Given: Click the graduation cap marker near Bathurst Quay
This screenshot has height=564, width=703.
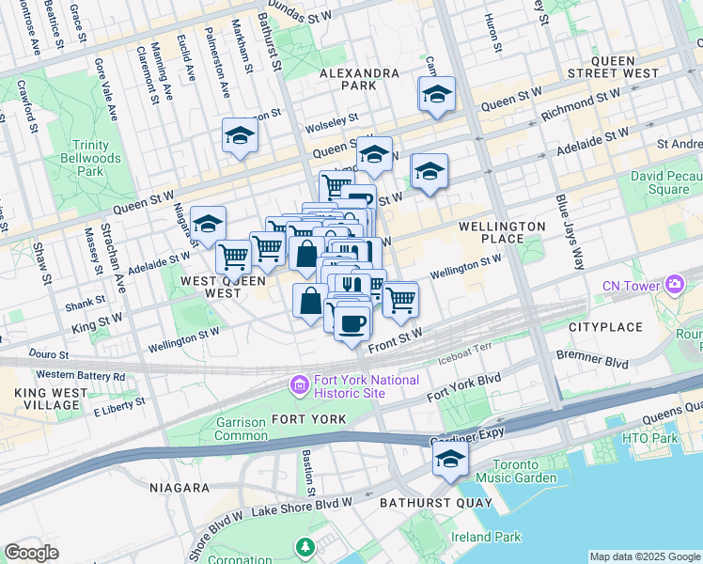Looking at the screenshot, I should (450, 460).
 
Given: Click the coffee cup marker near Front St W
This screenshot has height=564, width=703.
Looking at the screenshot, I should (352, 323).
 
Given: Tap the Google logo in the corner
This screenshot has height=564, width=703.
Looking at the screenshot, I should (32, 553).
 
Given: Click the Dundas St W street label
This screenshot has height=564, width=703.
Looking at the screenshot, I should (302, 11).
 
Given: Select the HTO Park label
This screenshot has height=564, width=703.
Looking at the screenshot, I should (649, 439).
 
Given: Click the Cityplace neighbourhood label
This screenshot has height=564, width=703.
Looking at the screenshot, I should (605, 327).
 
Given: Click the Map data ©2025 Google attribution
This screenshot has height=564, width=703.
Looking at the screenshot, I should (645, 556).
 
